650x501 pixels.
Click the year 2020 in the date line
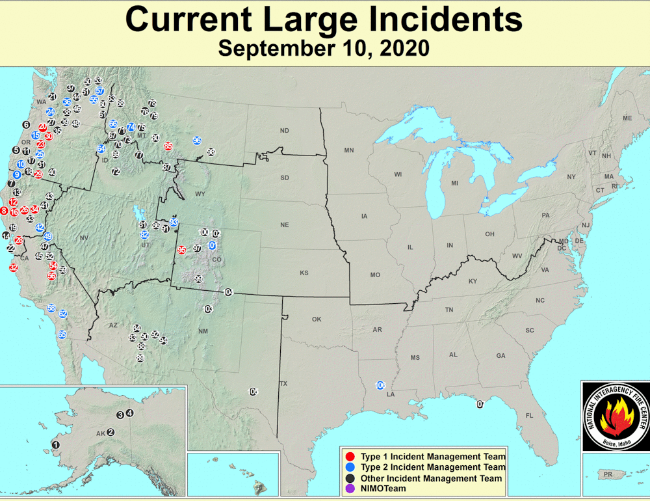click(401, 48)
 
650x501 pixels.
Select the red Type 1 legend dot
click(350, 456)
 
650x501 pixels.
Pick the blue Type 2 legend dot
click(350, 467)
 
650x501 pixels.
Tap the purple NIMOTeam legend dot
click(350, 489)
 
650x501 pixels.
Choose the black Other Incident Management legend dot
click(350, 478)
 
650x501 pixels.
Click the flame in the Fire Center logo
click(614, 417)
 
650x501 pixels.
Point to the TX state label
click(283, 384)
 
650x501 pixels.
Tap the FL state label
click(529, 415)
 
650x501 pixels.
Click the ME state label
click(627, 118)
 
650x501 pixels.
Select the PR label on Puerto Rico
click(608, 474)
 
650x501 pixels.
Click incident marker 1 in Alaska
click(55, 444)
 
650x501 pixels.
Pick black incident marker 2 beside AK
click(110, 431)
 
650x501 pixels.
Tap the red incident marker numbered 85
click(168, 146)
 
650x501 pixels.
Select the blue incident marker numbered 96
click(197, 141)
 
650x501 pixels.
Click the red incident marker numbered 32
click(14, 267)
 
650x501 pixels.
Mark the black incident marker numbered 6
click(26, 124)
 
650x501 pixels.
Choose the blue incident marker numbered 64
click(101, 148)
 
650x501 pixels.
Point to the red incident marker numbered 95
click(181, 250)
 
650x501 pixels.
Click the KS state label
click(304, 273)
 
